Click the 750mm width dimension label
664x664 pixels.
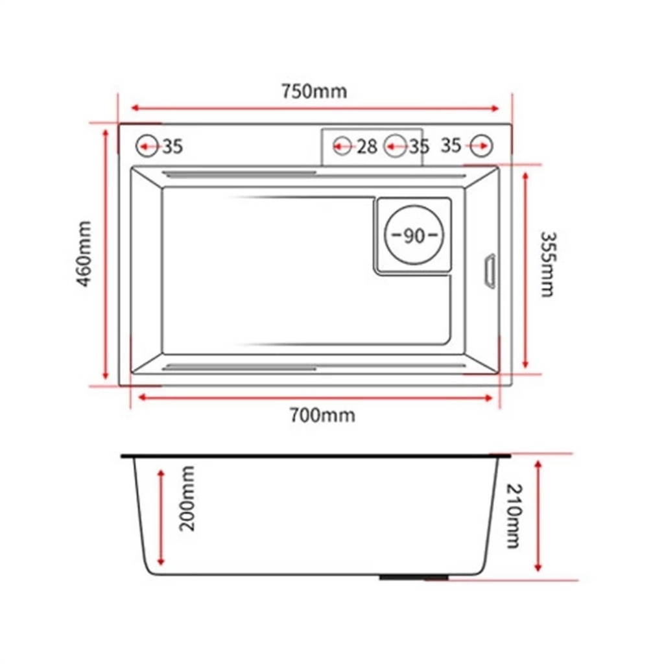(x=314, y=91)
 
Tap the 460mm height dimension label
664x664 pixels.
(x=84, y=254)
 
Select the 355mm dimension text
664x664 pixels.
(x=548, y=265)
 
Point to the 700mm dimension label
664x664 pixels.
(x=322, y=415)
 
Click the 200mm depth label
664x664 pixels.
(x=187, y=499)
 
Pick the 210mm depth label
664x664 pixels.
(x=514, y=516)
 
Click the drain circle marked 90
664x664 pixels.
(x=414, y=235)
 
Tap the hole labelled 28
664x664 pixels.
(x=342, y=147)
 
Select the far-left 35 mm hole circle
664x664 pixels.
(x=147, y=146)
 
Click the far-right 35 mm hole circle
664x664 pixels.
(x=481, y=146)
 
